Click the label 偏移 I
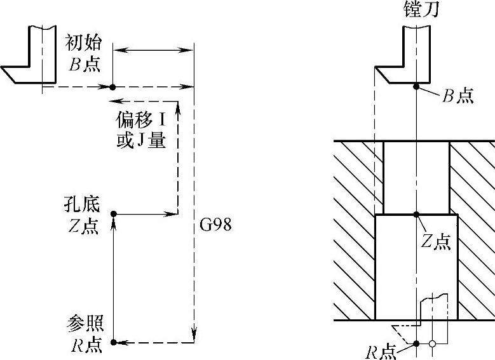140,119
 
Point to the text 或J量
140,141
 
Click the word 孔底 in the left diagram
82,204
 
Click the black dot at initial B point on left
112,87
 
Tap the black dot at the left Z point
114,215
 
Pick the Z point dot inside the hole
416,215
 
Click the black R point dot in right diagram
416,343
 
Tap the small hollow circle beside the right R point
432,343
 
